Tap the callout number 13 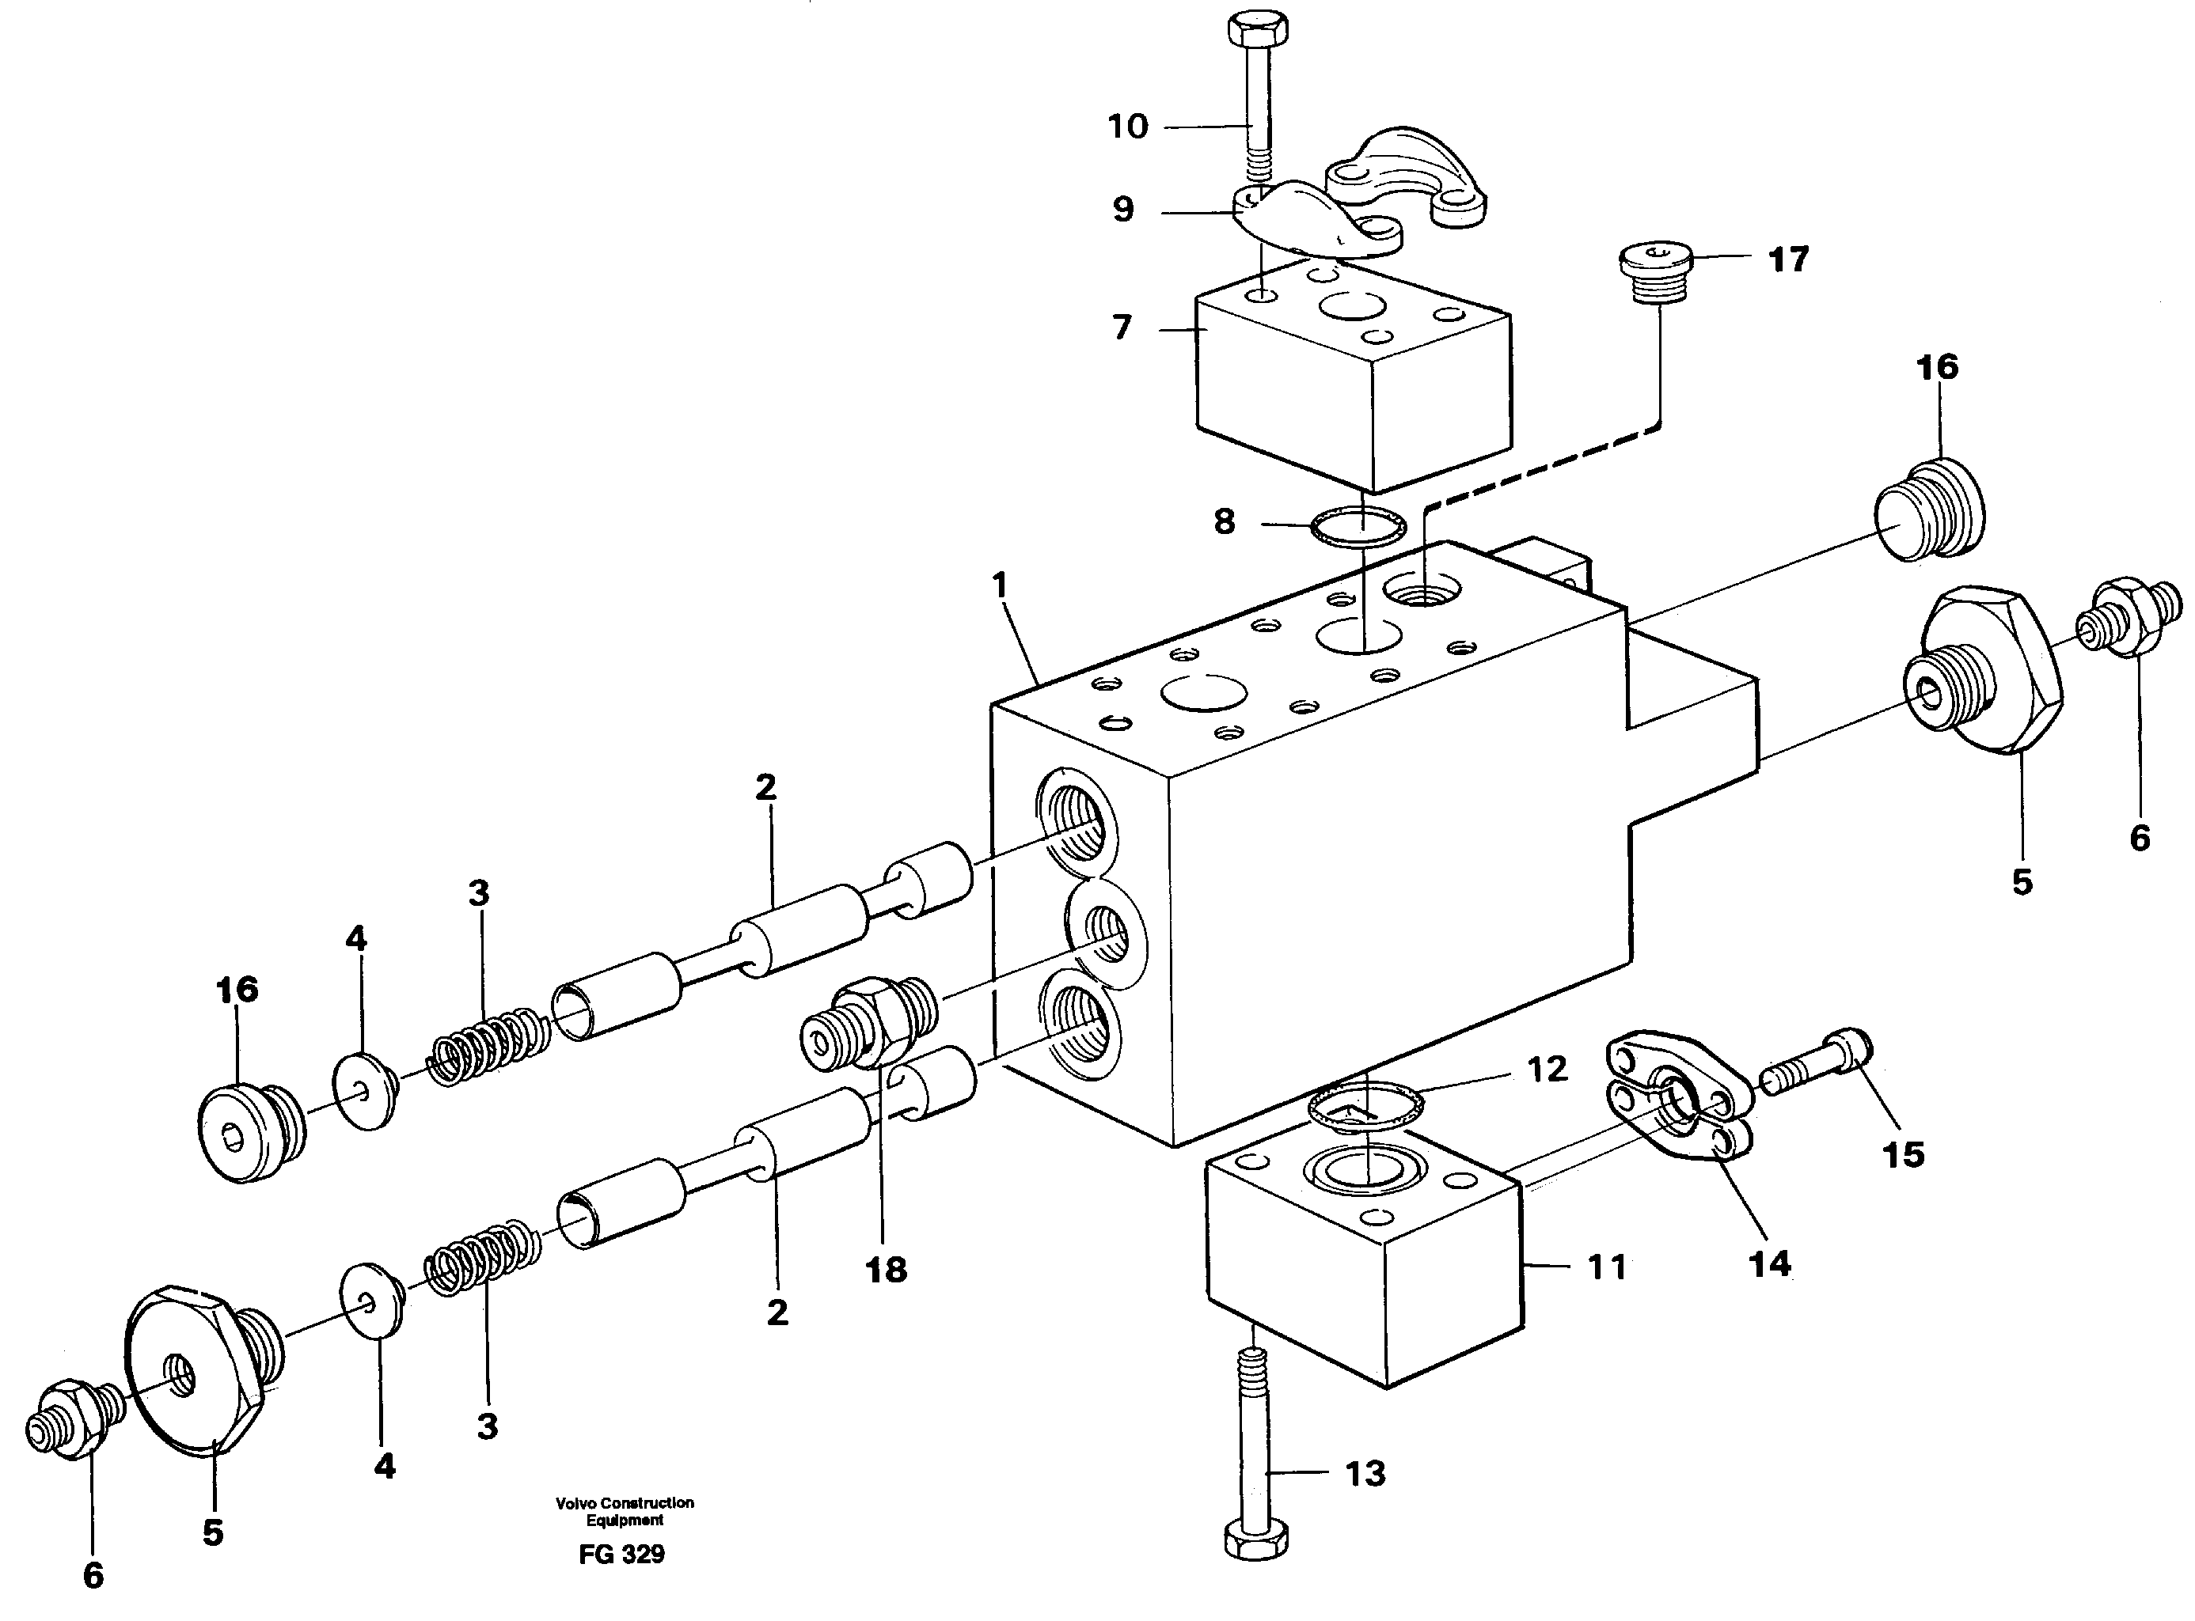1365,1474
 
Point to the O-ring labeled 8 1358,530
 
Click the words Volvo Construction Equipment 625,1511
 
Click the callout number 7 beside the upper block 1122,327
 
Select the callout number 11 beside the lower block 1606,1267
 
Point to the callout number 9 1123,210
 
